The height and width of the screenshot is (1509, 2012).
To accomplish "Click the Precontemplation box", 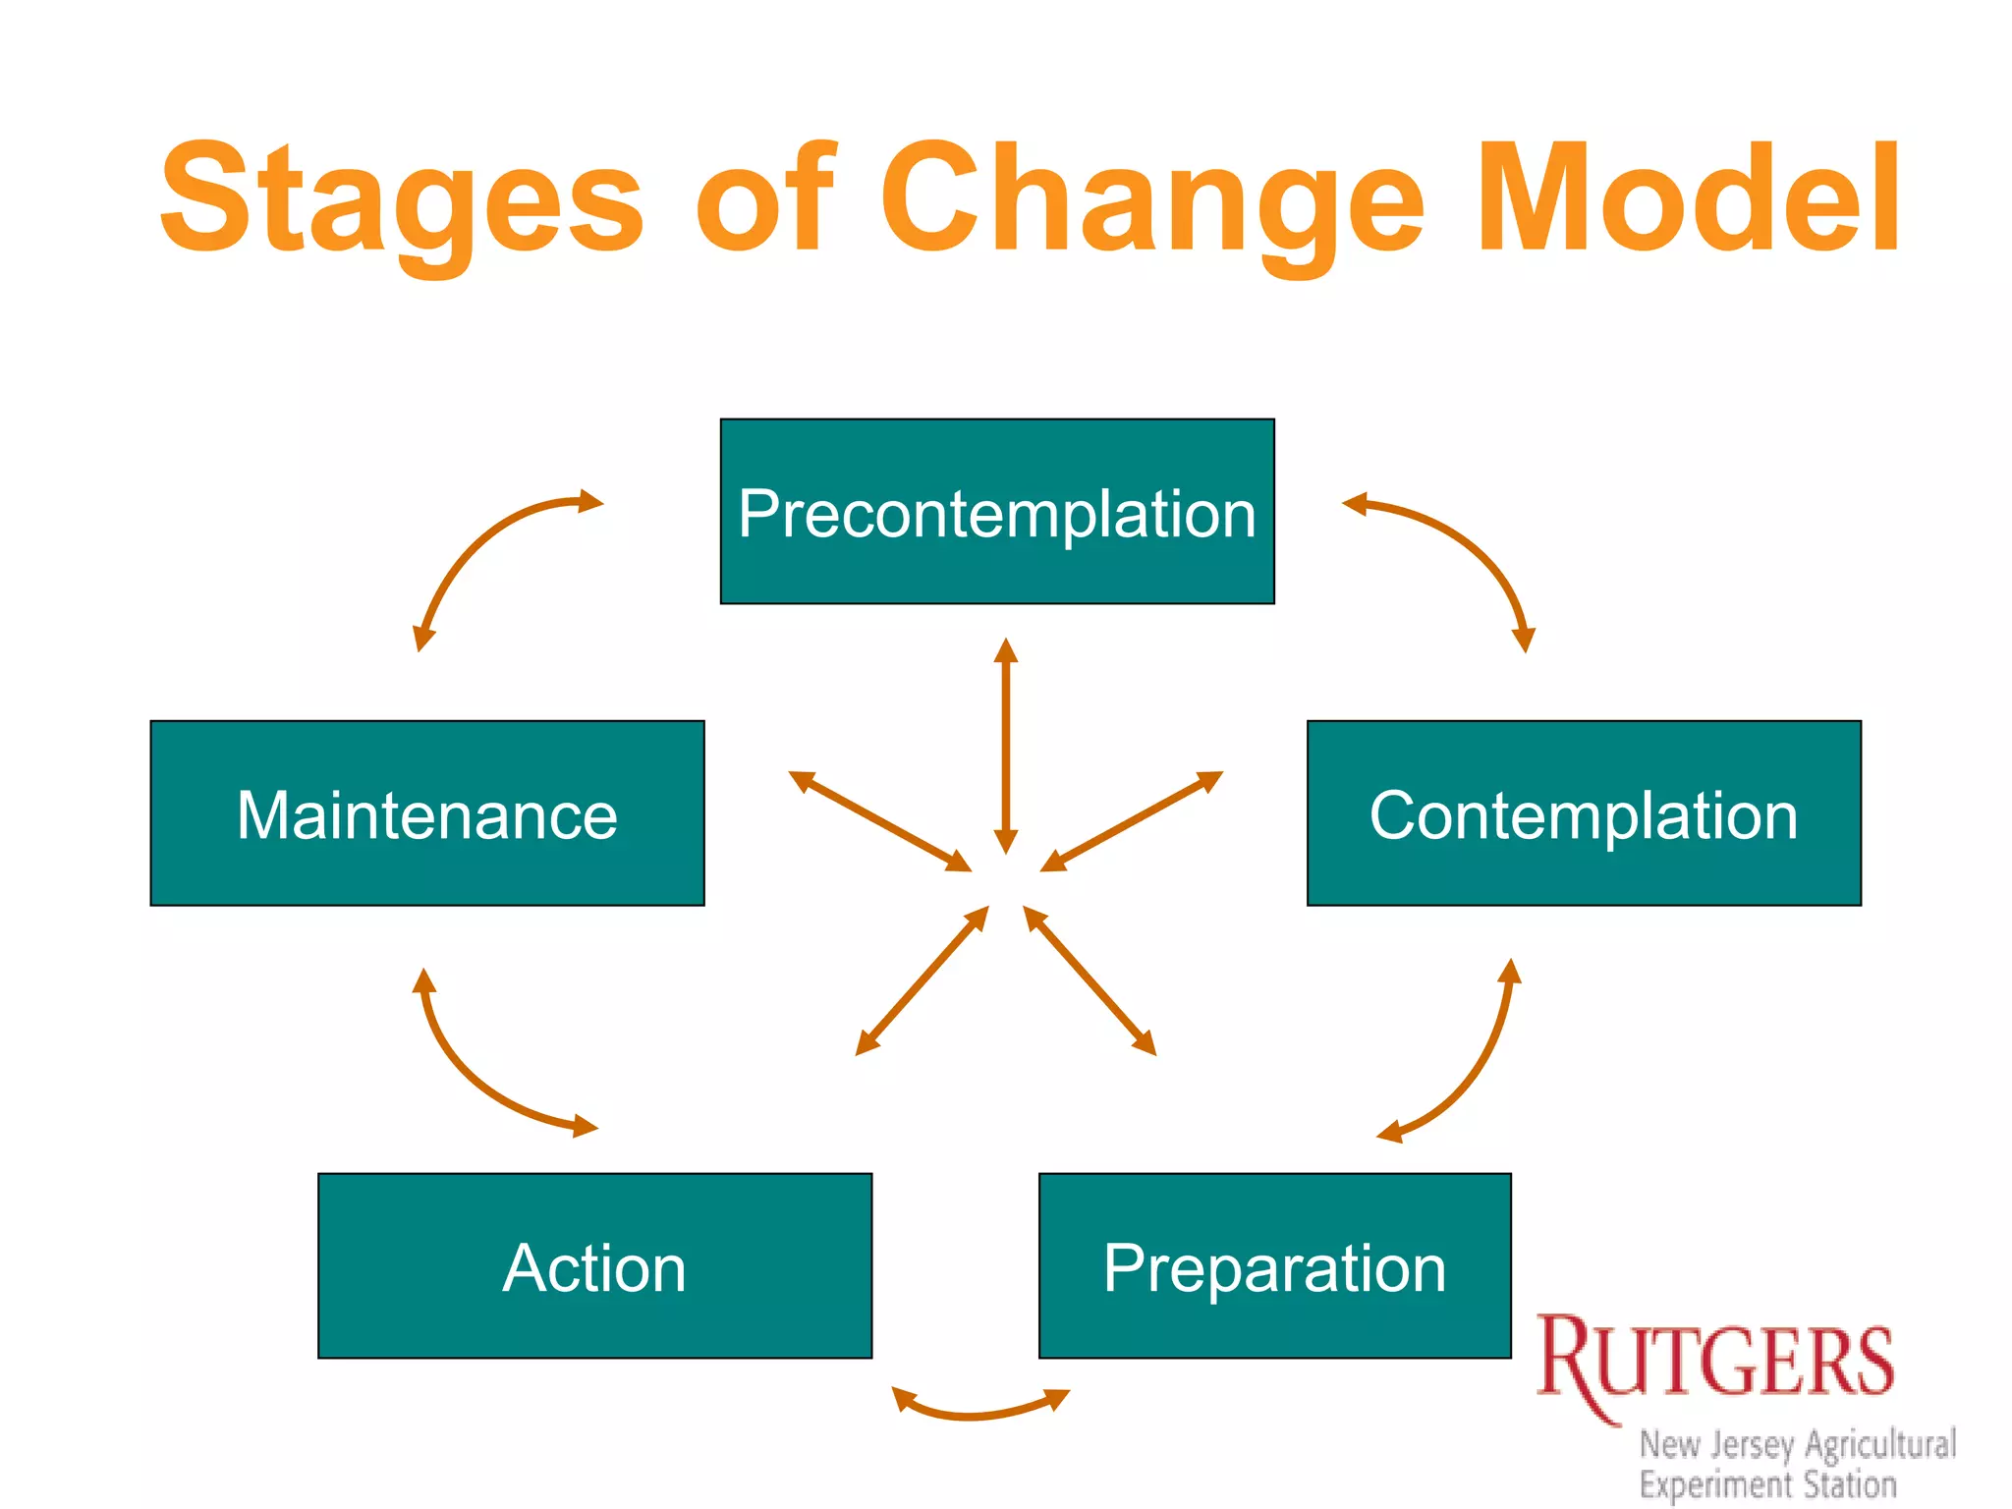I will (997, 511).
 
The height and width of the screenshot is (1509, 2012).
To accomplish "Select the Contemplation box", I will (1584, 813).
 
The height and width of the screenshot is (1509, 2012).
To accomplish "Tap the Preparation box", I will (1274, 1265).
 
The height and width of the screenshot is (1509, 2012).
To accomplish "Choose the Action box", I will (594, 1265).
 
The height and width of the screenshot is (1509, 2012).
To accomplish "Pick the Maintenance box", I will (427, 813).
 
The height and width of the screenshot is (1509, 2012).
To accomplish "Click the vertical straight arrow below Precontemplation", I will (1005, 747).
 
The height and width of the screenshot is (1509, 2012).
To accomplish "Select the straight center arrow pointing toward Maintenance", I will (879, 821).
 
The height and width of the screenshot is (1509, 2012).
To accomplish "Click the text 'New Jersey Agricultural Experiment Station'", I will (1798, 1464).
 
